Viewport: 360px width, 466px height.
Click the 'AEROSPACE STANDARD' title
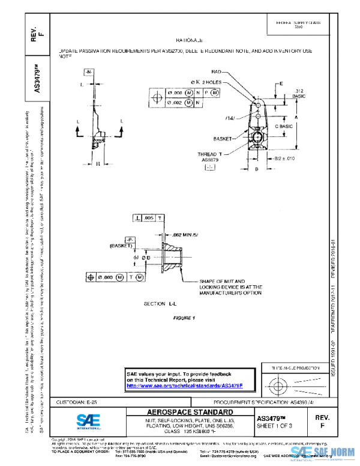(x=190, y=412)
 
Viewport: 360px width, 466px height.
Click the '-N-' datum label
(x=89, y=72)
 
